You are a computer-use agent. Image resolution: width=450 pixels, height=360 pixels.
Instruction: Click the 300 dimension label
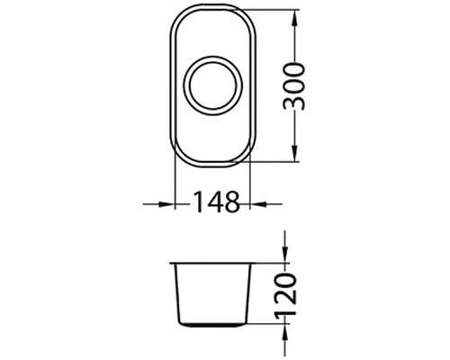pos(294,86)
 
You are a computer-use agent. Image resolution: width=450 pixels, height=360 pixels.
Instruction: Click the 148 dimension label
pos(218,202)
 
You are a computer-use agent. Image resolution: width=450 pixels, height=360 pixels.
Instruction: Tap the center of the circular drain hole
pos(212,85)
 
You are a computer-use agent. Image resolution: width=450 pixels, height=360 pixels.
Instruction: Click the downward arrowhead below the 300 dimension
pos(294,151)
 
